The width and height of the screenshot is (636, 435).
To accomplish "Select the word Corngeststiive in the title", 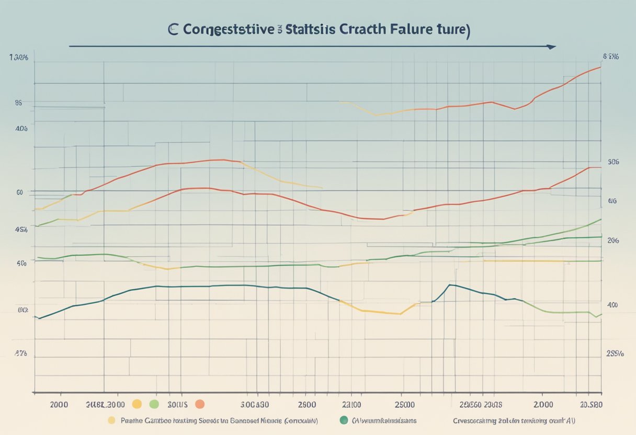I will pos(229,30).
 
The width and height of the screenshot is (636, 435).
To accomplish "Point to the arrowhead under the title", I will pos(550,47).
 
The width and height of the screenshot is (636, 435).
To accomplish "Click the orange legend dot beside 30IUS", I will pos(199,404).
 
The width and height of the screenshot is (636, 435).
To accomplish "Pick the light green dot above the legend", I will pos(154,404).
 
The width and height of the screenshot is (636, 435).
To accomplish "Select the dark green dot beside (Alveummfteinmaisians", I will pos(344,419).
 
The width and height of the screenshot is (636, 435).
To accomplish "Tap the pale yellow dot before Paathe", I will pos(111,420).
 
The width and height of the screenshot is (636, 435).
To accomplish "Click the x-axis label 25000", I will pos(401,404).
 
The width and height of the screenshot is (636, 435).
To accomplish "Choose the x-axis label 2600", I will pos(307,404).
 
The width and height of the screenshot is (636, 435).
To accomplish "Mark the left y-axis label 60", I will pos(19,192).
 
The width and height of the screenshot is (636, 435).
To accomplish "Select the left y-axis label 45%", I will pos(21,229).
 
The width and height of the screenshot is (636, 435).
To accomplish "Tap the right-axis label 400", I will pos(612,305).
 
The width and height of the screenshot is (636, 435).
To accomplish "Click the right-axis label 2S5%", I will pos(614,353).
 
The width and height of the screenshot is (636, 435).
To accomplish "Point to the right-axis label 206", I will pos(613,241).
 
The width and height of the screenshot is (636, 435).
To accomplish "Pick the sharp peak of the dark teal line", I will pos(450,285).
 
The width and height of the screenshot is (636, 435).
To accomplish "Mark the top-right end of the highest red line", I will pos(600,67).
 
